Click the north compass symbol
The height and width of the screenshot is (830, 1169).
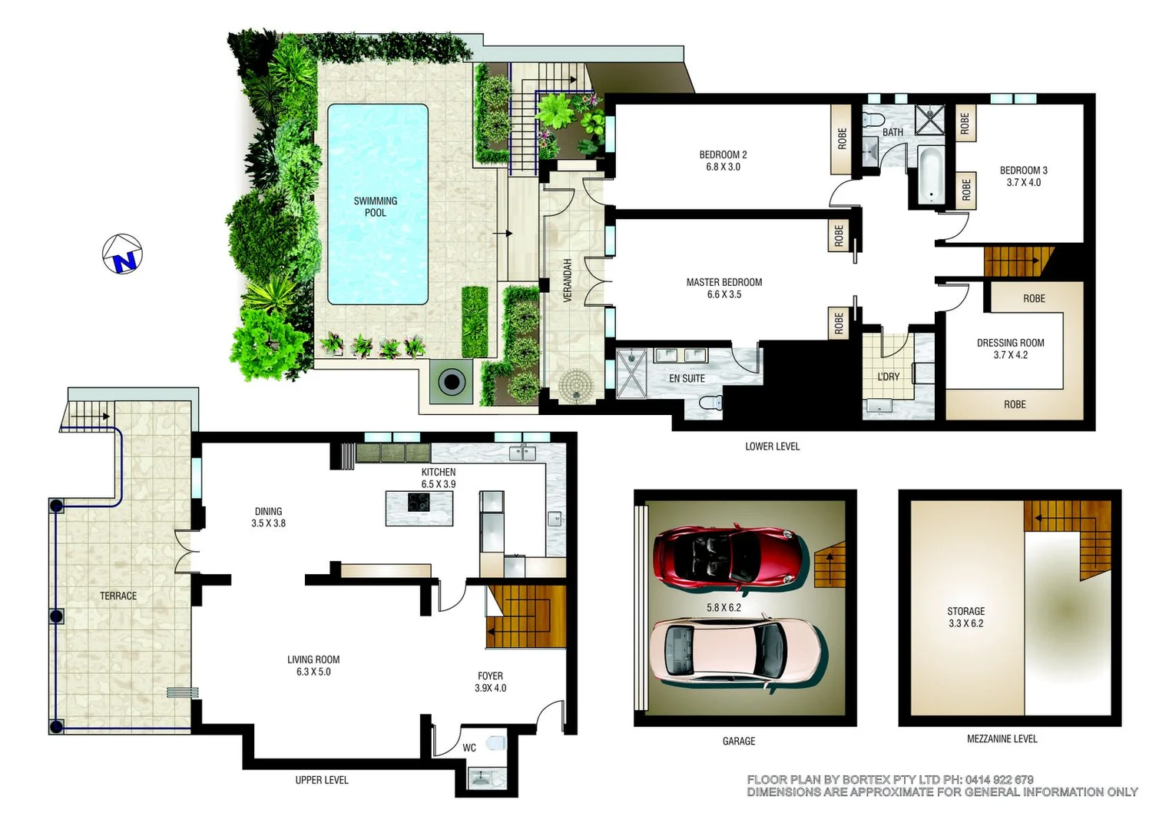tap(123, 254)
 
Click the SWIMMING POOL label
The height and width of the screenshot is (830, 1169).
tap(376, 207)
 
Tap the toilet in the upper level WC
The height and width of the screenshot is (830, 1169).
tap(496, 743)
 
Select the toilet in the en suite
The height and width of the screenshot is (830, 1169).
tap(710, 402)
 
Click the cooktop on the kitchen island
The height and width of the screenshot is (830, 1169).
tap(419, 503)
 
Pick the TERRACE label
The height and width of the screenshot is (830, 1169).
tap(118, 596)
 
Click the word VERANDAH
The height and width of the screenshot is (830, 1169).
tap(568, 280)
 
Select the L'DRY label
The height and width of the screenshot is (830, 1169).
tap(888, 377)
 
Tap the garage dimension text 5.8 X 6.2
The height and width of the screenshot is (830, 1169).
tap(724, 607)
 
